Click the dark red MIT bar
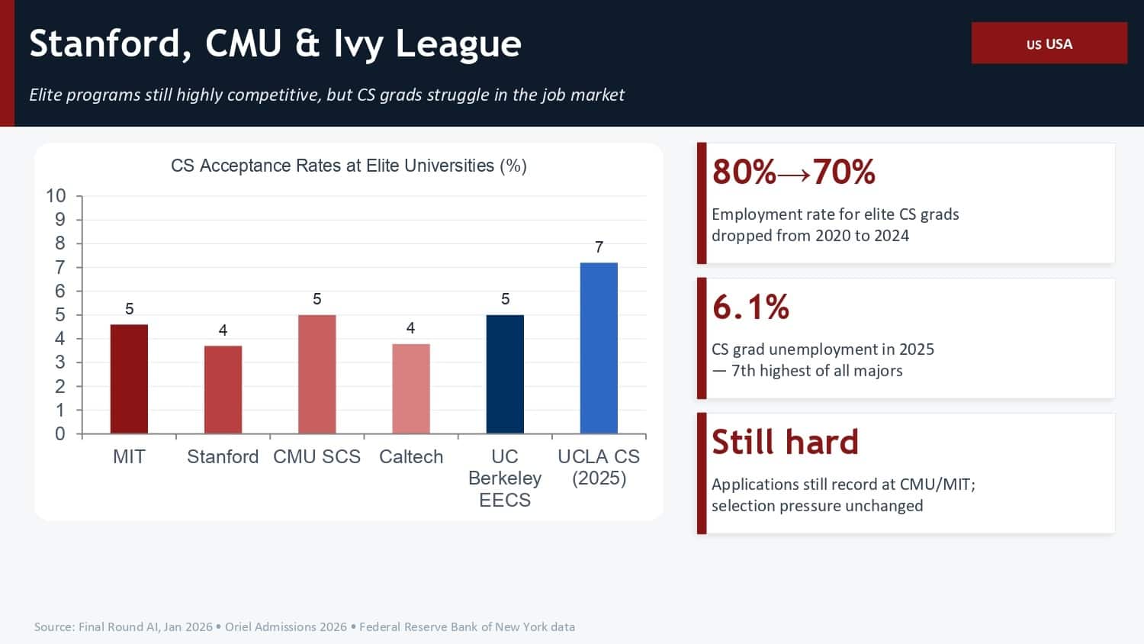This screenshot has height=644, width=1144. [129, 379]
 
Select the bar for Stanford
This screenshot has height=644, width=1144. [223, 390]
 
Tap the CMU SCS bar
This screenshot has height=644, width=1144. [317, 375]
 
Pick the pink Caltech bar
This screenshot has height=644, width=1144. [411, 389]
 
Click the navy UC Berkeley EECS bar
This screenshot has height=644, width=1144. [505, 375]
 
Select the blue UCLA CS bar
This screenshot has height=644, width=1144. [599, 349]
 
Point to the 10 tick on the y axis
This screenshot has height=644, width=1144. [56, 196]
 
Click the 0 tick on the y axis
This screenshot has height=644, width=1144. [60, 434]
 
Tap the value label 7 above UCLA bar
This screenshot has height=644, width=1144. [599, 247]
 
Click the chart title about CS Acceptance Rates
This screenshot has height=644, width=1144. [349, 166]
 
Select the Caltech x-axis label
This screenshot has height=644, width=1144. [411, 456]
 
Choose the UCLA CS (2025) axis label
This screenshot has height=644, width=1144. [599, 467]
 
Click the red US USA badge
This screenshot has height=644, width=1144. [1049, 43]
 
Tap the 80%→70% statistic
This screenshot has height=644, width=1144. [793, 172]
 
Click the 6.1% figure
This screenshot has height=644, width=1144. [750, 307]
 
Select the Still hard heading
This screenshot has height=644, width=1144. [785, 442]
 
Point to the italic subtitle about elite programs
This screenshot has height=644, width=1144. [326, 95]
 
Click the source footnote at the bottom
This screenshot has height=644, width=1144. [304, 626]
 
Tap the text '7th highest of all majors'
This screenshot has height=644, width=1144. [816, 371]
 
